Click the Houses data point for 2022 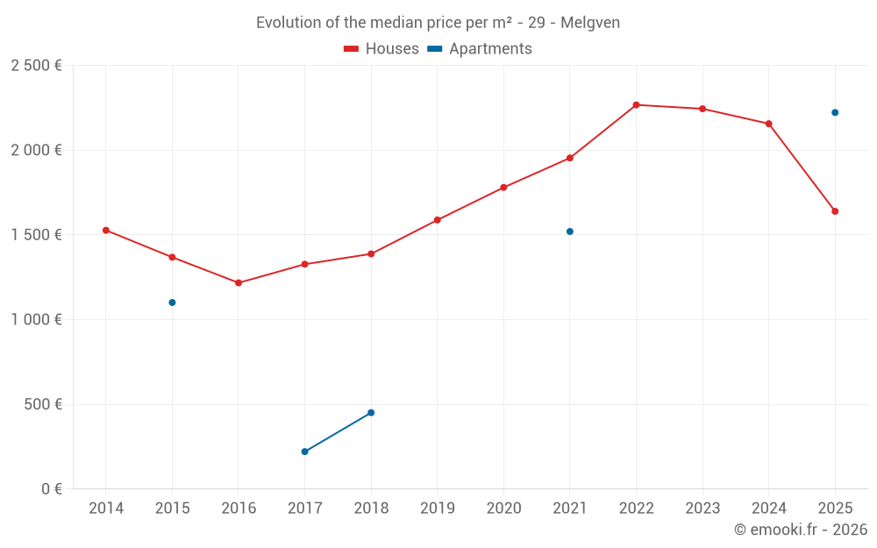pyautogui.click(x=636, y=105)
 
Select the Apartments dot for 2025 pyautogui.click(x=835, y=112)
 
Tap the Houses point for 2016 pyautogui.click(x=239, y=283)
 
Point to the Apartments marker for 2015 pyautogui.click(x=172, y=302)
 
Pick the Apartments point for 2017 pyautogui.click(x=304, y=452)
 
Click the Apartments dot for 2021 pyautogui.click(x=570, y=231)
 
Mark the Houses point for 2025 pyautogui.click(x=835, y=211)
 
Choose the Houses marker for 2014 pyautogui.click(x=106, y=231)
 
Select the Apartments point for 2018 pyautogui.click(x=371, y=413)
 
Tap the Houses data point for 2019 pyautogui.click(x=437, y=220)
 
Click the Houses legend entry pyautogui.click(x=381, y=49)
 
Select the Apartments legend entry pyautogui.click(x=480, y=49)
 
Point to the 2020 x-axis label pyautogui.click(x=503, y=509)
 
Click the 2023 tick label pyautogui.click(x=702, y=509)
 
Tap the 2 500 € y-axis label pyautogui.click(x=36, y=66)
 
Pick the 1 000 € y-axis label pyautogui.click(x=36, y=320)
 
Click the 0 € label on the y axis pyautogui.click(x=52, y=489)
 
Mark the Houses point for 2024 pyautogui.click(x=768, y=124)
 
